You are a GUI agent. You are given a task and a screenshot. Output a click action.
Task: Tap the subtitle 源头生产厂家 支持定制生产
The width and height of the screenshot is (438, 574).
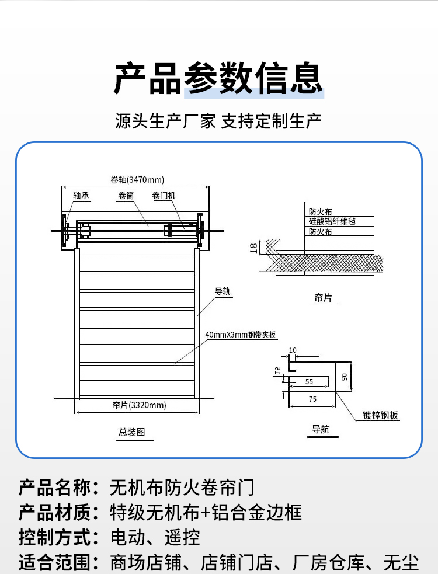point(218,121)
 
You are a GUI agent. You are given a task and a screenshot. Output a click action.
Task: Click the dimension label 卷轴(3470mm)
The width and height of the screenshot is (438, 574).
point(137,179)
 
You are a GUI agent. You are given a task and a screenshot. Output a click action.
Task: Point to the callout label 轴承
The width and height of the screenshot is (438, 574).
point(81,196)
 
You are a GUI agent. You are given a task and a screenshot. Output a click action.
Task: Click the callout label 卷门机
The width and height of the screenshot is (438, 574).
point(163,196)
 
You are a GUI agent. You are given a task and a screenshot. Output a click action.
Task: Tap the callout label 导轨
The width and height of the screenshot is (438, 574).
point(223,291)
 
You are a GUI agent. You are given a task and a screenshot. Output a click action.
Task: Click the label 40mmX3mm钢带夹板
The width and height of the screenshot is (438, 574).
point(240,335)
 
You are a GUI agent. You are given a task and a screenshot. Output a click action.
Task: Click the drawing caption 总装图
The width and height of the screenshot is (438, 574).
point(131,432)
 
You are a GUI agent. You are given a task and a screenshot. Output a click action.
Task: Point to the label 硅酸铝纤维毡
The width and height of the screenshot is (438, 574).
point(332,221)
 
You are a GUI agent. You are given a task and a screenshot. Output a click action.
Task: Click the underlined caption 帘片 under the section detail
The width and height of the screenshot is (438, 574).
point(323,298)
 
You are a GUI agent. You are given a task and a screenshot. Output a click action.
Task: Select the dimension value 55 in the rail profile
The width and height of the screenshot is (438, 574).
point(309,381)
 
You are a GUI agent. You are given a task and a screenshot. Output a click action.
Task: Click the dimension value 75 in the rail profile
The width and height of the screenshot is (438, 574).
point(312,399)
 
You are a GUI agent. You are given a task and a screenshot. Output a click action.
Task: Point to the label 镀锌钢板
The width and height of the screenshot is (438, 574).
point(380,415)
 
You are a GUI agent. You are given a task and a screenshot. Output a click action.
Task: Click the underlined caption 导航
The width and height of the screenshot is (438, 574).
point(321,430)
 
